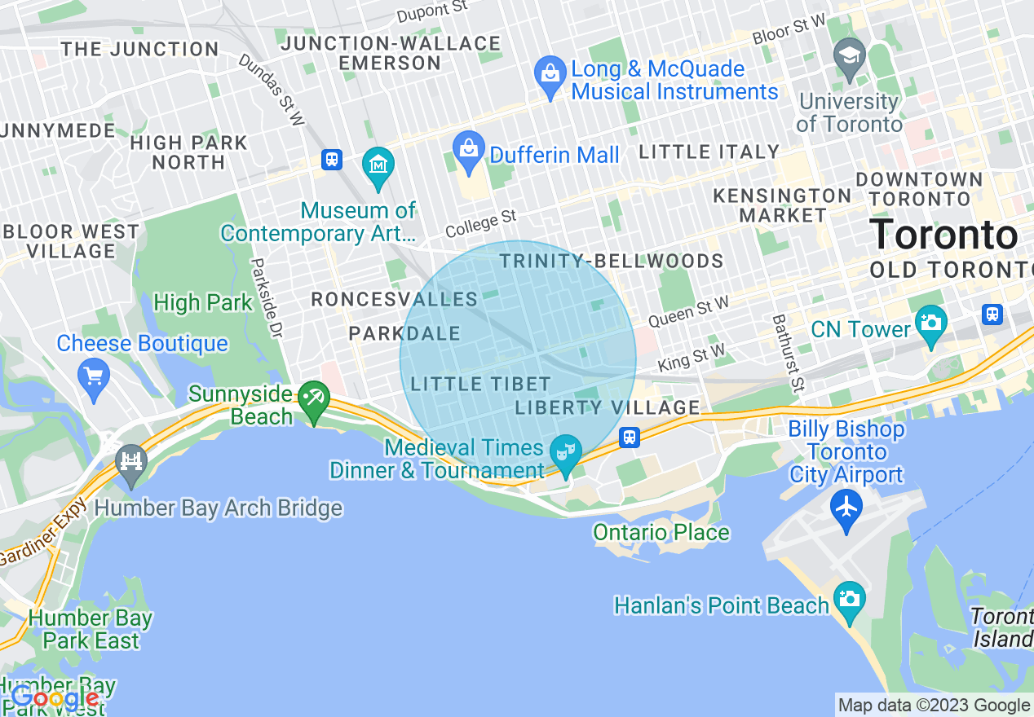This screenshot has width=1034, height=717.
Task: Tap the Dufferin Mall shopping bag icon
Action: [469, 150]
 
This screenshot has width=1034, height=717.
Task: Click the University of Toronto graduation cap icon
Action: [850, 56]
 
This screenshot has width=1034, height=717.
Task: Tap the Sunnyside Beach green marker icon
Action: [313, 399]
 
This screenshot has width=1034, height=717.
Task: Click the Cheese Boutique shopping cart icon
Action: [94, 376]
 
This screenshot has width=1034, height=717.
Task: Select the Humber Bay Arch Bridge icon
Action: [130, 462]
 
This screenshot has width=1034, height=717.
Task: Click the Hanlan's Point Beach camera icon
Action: [849, 600]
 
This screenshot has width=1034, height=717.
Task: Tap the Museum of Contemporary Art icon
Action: [378, 165]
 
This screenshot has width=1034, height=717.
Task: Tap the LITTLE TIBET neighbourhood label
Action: [481, 384]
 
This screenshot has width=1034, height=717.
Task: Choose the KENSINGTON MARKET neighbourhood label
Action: [782, 205]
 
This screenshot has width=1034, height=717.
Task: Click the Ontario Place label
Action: [661, 533]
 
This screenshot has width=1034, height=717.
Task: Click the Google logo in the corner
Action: [55, 698]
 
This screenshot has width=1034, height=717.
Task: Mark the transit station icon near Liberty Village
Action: [629, 438]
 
